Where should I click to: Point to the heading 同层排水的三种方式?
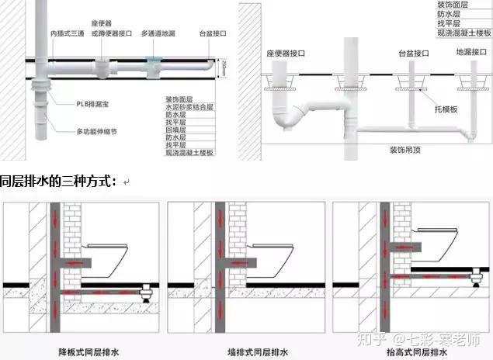click(x=58, y=182)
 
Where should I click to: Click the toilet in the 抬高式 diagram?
click(x=446, y=240)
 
